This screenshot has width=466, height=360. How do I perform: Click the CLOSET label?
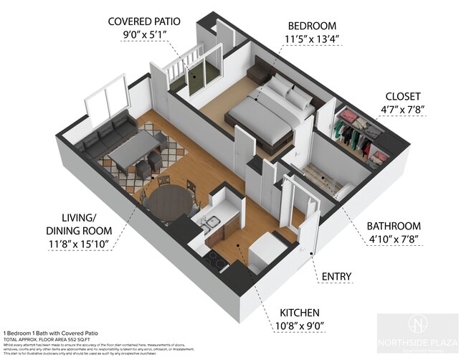pos(402,95)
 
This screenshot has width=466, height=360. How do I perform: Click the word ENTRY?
pos(337,276)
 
